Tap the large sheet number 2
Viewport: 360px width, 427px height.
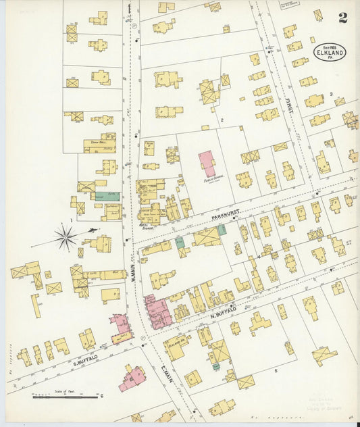343,18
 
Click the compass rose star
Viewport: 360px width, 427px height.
66,236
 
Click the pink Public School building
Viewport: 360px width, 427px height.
207,164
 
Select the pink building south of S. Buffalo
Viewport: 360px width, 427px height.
132,378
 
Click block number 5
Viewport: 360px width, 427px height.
276,371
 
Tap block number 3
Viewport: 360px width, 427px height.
331,94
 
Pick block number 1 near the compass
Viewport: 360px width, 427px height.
70,220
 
